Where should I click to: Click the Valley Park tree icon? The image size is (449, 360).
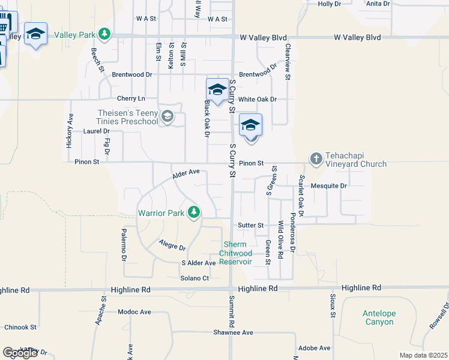105,33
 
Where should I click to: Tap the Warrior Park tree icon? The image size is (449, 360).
193,212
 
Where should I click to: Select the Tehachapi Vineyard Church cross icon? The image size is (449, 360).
316,158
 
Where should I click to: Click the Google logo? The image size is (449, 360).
20,353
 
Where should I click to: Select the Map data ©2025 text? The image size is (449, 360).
424,355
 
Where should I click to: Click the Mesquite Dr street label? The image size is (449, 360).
329,186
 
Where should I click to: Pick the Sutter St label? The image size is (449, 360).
252,225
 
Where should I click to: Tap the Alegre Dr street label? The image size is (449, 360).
172,245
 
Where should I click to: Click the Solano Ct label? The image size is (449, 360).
194,278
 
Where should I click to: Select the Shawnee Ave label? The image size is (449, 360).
233,332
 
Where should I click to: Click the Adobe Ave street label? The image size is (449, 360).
315,348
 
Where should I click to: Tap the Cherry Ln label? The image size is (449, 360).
131,98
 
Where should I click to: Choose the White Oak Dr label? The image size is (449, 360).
258,99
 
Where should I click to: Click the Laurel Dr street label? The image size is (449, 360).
97,131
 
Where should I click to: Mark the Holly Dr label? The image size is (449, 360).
329,4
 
